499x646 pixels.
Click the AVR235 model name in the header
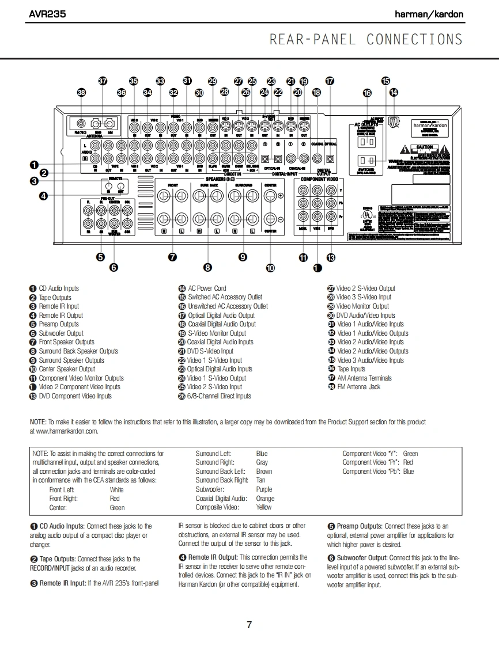tap(47, 14)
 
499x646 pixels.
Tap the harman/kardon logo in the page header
tap(429, 14)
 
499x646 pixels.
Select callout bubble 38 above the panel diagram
tap(81, 92)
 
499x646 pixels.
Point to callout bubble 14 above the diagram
tap(394, 92)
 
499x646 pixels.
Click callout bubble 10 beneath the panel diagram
tap(270, 267)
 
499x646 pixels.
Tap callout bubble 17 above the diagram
tap(330, 81)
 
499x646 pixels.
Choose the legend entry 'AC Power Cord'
tap(207, 288)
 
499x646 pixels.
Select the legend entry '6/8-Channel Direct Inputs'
tap(219, 396)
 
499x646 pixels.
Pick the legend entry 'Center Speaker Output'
tap(67, 369)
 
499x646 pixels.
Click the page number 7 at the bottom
tap(249, 625)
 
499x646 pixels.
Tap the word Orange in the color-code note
tap(265, 499)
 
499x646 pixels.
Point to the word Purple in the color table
tap(264, 489)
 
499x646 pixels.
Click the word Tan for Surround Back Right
tap(261, 480)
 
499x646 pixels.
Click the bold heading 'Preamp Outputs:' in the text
tap(359, 526)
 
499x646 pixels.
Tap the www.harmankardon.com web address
tap(64, 431)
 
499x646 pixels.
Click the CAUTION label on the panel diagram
tap(424, 147)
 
